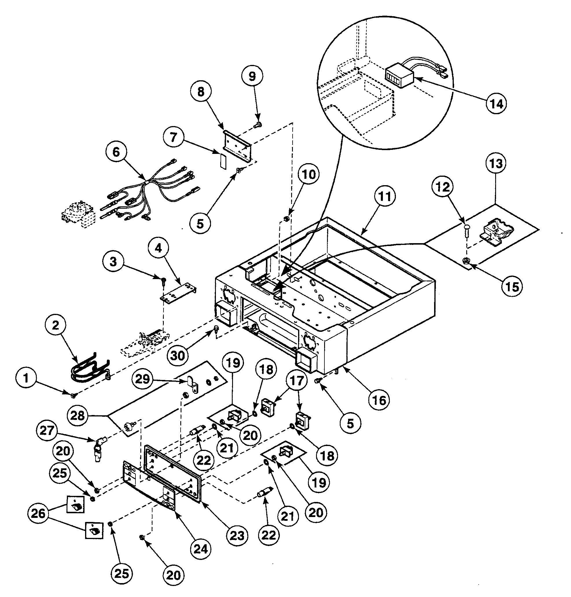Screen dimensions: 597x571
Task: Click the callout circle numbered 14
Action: [496, 103]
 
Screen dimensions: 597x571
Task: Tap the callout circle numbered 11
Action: [385, 196]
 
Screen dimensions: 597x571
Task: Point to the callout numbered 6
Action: [117, 152]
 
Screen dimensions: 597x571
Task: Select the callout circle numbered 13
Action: [496, 163]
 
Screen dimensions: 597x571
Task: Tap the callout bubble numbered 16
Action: [379, 400]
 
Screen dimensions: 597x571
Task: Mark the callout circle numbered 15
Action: [512, 286]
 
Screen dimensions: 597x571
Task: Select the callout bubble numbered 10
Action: [308, 174]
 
